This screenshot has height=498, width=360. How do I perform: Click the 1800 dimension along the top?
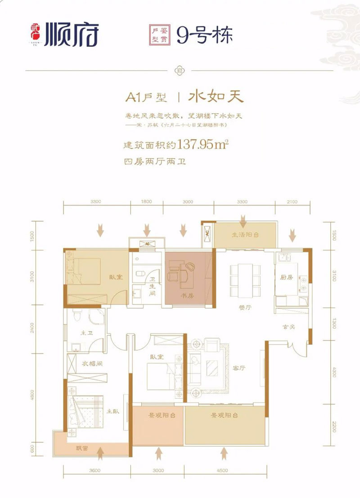point(146,202)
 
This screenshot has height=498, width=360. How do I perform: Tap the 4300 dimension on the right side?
point(333,372)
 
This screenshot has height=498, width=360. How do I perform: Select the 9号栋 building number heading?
point(204,35)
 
